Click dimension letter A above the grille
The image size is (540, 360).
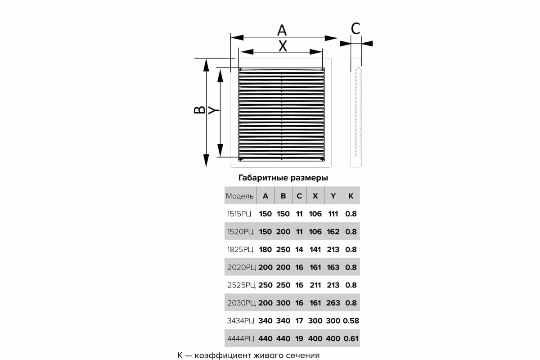tap(282, 31)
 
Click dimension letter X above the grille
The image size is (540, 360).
tap(283, 46)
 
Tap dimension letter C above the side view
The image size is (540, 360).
tap(355, 29)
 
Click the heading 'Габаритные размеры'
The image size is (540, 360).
tap(283, 178)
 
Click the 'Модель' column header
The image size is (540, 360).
tap(240, 196)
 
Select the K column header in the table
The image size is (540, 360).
tap(351, 196)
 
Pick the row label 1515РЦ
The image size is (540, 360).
tap(239, 214)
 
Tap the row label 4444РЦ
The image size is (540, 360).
tap(240, 338)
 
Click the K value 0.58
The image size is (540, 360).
tap(351, 321)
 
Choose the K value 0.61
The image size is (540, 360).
tap(351, 338)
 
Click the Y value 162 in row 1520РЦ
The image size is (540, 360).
tap(333, 232)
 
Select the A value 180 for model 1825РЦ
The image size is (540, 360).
tap(265, 249)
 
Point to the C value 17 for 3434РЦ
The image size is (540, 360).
tap(299, 321)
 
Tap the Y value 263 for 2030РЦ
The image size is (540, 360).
tap(333, 303)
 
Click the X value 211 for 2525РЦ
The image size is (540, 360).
tap(315, 285)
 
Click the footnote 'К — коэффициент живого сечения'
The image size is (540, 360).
tap(248, 355)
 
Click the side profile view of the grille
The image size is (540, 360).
tap(356, 112)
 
